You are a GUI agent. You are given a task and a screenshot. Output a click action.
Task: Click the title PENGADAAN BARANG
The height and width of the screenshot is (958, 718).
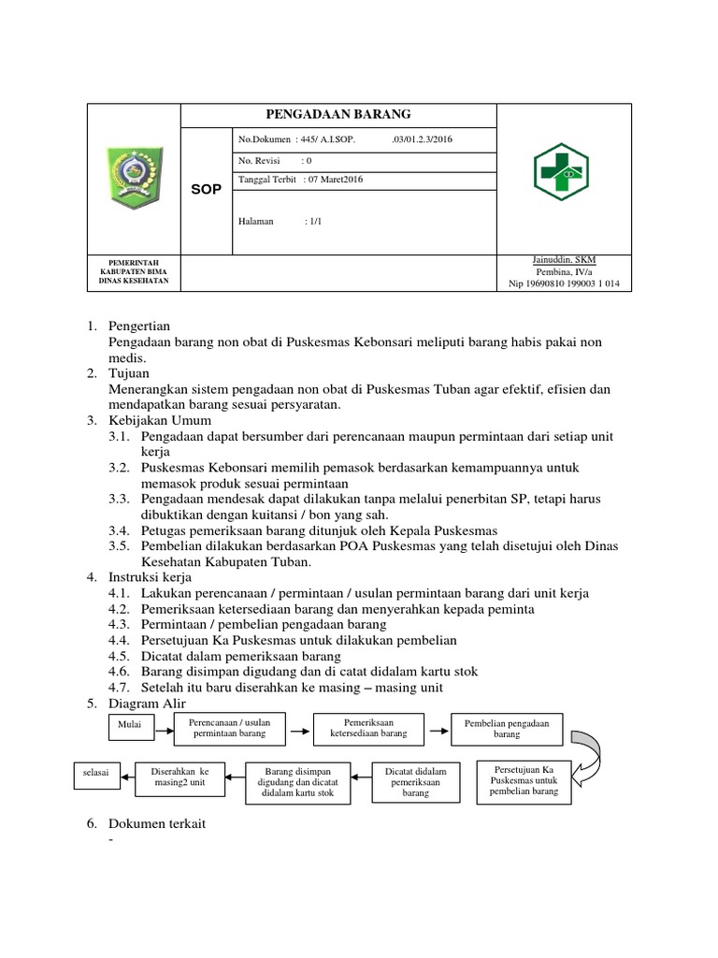pyautogui.click(x=338, y=114)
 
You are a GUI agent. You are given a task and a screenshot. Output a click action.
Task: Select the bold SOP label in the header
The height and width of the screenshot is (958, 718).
pyautogui.click(x=207, y=189)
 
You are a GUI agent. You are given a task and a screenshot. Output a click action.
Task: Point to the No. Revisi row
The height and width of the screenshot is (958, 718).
pyautogui.click(x=276, y=161)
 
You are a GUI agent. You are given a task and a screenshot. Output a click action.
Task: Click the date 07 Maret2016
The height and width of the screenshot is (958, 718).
pyautogui.click(x=335, y=180)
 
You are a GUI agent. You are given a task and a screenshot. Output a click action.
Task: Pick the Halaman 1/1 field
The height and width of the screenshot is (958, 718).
pyautogui.click(x=280, y=222)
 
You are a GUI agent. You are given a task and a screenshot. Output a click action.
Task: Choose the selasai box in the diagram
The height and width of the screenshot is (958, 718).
pyautogui.click(x=93, y=773)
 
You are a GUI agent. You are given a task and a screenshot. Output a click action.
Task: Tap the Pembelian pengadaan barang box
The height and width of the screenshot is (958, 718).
pyautogui.click(x=507, y=729)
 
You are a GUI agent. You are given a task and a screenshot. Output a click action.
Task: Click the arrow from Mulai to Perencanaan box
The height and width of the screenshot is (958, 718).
pyautogui.click(x=162, y=725)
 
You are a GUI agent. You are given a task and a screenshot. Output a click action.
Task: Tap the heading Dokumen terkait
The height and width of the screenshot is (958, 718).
pyautogui.click(x=157, y=824)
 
